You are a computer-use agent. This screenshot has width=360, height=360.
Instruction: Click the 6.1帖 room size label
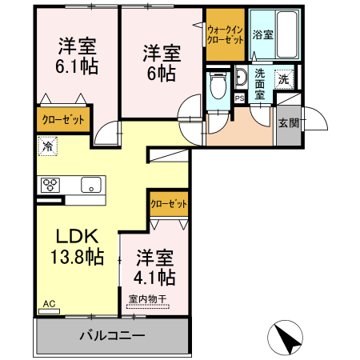pos(78,67)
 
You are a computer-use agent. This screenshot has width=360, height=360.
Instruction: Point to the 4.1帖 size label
pos(155,278)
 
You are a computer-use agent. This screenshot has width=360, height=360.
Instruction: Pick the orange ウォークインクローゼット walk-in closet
pos(226,34)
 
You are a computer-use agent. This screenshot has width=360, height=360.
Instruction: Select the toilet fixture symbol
pos(216,86)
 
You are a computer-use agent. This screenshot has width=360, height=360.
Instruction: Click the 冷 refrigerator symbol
pos(48,147)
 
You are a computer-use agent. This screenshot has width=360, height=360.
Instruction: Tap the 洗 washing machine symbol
pos(283,78)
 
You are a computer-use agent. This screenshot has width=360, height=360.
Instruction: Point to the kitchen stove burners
pos(50,185)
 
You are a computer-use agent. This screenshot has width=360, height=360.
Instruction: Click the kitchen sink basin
pos(93,186)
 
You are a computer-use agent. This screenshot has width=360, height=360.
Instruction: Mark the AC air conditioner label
pos(48,304)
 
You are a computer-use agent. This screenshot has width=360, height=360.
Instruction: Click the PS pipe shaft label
pos(239,98)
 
